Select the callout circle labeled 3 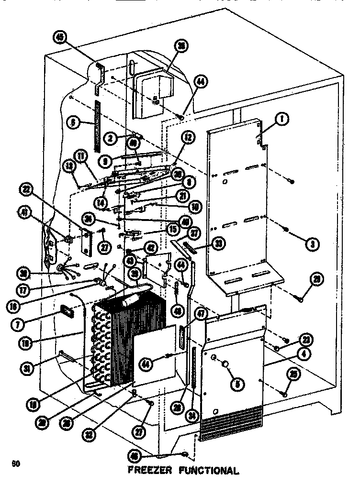[312, 243]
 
